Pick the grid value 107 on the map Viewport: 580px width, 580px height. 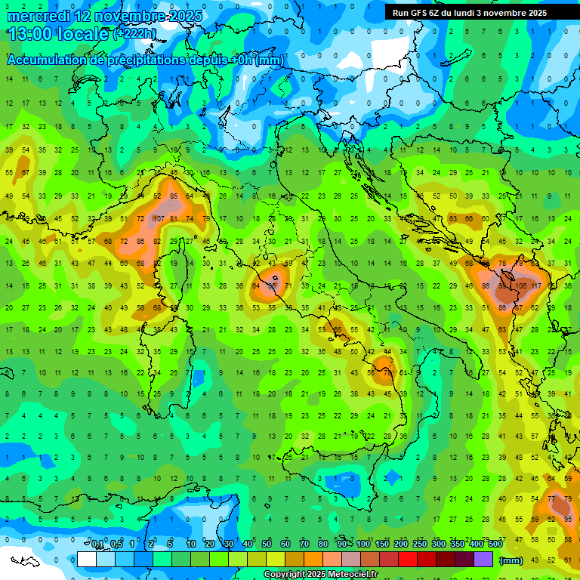coord(159,219)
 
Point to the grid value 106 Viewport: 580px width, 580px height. coord(520,286)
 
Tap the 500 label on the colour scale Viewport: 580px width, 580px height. coord(495,545)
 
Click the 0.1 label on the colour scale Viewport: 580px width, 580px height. coord(97,545)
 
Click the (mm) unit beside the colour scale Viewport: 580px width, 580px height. coord(511,560)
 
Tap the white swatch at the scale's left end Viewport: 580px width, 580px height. coord(86,560)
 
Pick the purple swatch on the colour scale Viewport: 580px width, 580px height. coord(483,560)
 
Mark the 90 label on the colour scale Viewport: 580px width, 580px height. coord(342,545)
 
